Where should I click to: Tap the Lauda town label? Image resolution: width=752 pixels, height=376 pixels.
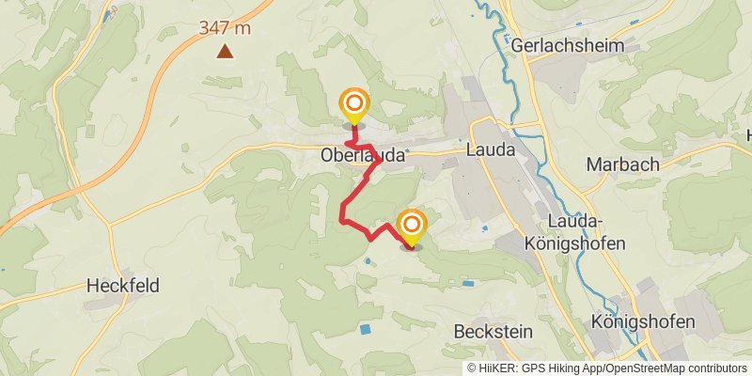[491, 149]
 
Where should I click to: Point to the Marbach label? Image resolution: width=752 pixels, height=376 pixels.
[622, 164]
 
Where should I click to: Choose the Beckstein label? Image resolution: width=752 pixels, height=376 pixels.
[493, 331]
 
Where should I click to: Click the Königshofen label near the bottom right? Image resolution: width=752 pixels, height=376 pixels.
[643, 322]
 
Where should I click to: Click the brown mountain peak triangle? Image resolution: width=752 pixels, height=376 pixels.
[225, 51]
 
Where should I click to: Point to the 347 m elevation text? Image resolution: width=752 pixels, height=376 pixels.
[225, 28]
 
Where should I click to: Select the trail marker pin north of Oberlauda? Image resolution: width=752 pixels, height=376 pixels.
[354, 106]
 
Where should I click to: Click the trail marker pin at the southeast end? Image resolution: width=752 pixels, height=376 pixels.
[411, 227]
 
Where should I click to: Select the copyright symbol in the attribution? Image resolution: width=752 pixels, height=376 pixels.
[472, 368]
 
